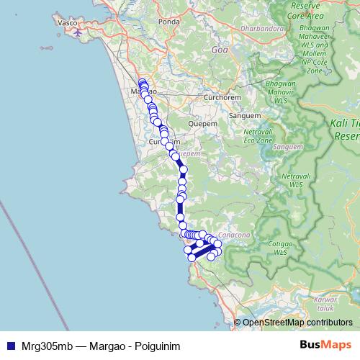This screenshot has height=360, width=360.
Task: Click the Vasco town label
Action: tap(67, 22)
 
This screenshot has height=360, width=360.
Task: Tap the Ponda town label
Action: tap(169, 22)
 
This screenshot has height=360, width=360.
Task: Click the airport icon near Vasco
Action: tap(78, 30)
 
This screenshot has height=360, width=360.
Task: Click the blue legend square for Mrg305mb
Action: tap(9, 346)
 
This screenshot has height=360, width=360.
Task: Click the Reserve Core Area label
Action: tap(304, 10)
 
